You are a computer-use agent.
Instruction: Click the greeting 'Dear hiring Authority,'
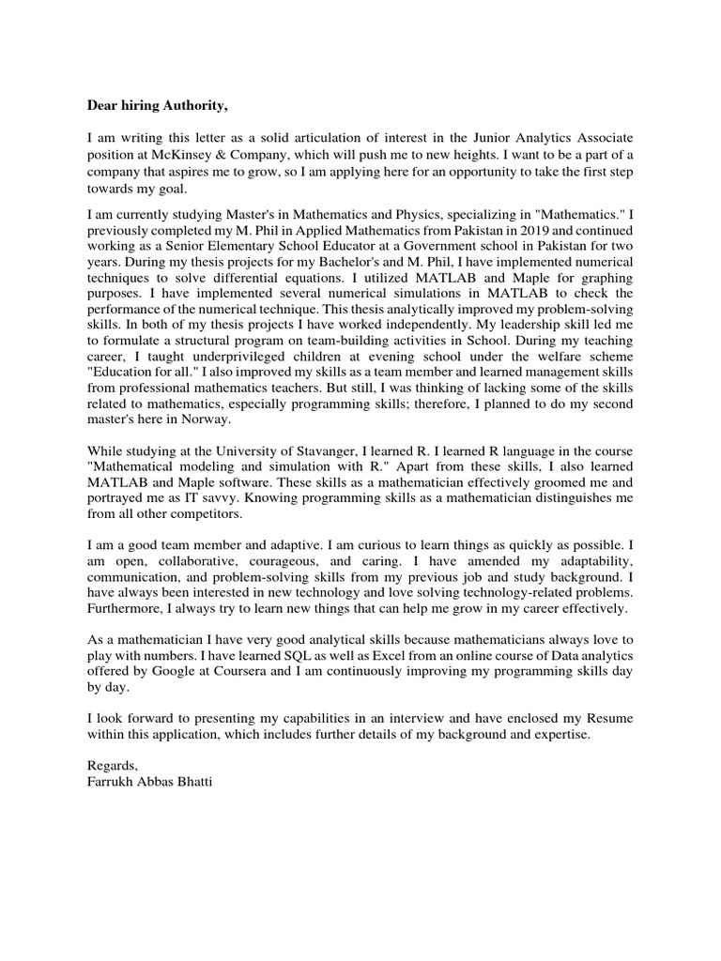(x=158, y=103)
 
